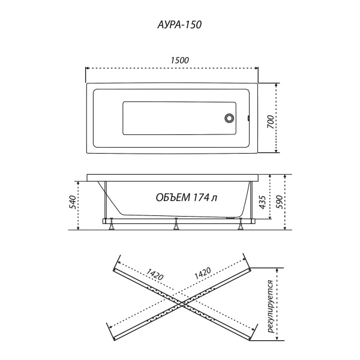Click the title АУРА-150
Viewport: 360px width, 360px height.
[x=179, y=26]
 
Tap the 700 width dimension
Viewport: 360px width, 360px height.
[x=271, y=121]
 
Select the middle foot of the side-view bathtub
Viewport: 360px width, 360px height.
[x=176, y=226]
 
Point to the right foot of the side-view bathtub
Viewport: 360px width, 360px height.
[x=241, y=226]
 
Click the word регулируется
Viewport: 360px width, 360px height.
[x=271, y=307]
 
